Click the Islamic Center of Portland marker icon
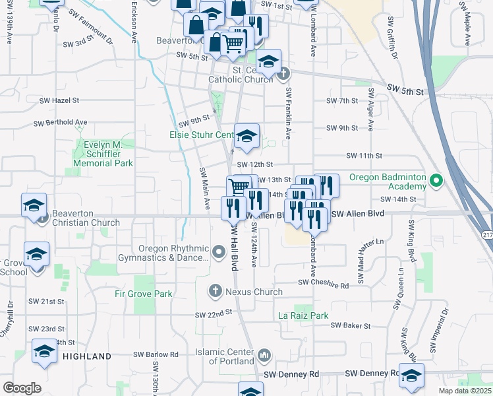coord(264,356)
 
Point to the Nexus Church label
coord(254,292)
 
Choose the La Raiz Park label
coord(303,316)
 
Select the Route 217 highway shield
coord(487,234)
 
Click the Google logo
coord(22,388)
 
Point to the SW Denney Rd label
coord(291,374)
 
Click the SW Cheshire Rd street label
coord(323,283)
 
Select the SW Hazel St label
coord(59,101)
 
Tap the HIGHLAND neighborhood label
coord(87,356)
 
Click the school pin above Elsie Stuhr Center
coord(246,137)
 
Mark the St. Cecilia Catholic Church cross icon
coord(284,74)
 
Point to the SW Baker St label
coord(351,325)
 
